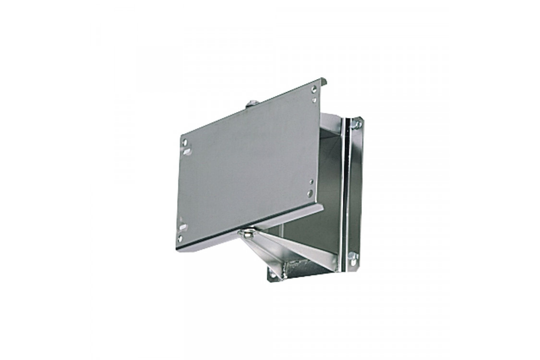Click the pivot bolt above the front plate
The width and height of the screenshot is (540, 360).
coord(252,104)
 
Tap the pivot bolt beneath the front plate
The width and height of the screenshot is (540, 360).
coord(248,234)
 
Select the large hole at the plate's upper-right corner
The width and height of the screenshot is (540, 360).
coord(314,89)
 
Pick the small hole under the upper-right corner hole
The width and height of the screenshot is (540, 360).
coord(314,100)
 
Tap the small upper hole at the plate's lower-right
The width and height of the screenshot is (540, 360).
coord(312,182)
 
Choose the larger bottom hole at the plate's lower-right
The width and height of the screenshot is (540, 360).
coord(311,193)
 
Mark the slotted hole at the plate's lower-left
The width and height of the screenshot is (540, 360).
coord(182,227)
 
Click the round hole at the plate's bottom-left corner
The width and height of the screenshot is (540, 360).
coord(180,238)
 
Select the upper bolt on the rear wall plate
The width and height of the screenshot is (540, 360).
coord(358,125)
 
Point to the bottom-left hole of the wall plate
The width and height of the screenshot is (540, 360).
coord(273,275)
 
